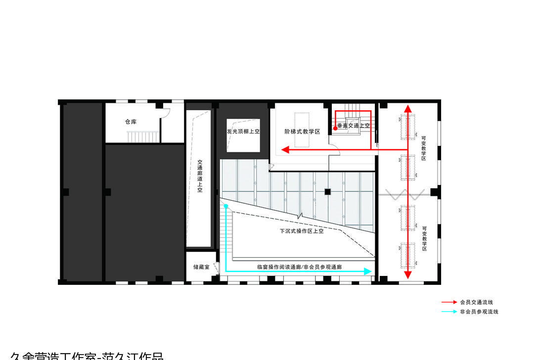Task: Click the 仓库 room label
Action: pos(131,122)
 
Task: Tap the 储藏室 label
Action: pos(201,267)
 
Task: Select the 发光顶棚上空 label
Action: pos(243,132)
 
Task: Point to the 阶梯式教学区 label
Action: pos(303,132)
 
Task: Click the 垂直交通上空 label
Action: pos(354,126)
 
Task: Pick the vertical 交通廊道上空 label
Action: pos(200,176)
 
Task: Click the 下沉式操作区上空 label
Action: pos(301,231)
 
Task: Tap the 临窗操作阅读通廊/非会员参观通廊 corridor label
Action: pos(299,267)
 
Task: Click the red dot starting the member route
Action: pos(335,128)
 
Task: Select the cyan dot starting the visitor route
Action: pos(226,206)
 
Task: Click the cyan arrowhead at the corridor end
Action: pos(367,271)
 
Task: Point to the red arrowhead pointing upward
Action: pos(408,109)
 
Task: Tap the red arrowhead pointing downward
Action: pos(408,274)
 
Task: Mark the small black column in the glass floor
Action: pos(327,191)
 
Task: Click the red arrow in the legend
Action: pos(449,302)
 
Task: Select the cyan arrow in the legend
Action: pos(449,312)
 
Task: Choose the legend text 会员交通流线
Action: pos(476,302)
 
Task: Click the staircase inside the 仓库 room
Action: pos(143,136)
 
